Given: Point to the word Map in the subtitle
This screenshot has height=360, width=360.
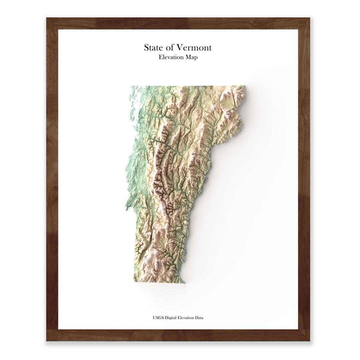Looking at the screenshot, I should pos(192,57).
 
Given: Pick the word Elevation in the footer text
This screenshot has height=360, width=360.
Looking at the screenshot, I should pos(184,318).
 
